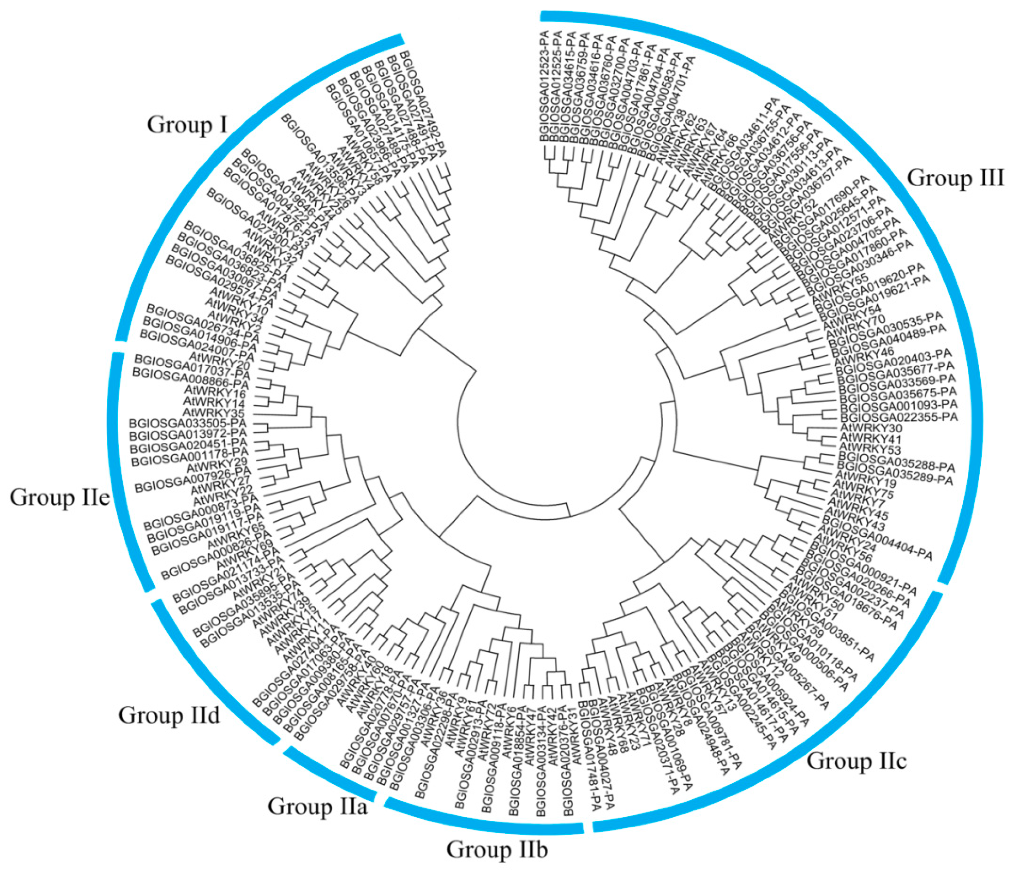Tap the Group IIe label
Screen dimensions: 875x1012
(x=59, y=498)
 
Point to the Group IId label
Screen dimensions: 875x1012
(x=169, y=715)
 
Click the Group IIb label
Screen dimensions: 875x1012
(x=497, y=850)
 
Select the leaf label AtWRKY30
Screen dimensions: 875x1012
(x=871, y=428)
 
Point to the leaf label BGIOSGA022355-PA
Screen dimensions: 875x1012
(x=899, y=418)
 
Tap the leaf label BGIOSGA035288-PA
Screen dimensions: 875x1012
(x=896, y=464)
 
